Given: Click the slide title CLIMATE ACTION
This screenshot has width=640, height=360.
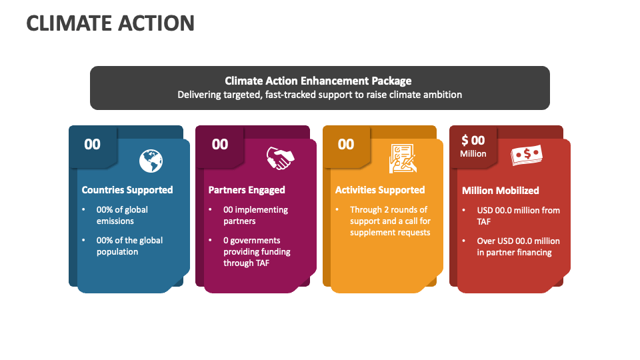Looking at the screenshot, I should tap(111, 23).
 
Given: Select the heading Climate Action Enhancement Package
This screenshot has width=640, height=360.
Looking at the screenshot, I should tap(318, 81).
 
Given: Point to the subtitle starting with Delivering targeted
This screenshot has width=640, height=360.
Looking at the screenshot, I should tap(319, 95).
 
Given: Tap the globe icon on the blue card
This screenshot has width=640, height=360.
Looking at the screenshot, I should tap(151, 161).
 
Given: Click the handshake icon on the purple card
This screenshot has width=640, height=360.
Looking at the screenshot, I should tap(279, 159).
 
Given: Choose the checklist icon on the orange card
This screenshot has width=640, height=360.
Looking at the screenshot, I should tap(403, 159).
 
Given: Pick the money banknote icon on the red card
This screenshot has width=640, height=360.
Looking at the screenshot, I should tap(527, 157).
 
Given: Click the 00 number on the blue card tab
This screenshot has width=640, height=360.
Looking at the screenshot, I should tap(93, 144).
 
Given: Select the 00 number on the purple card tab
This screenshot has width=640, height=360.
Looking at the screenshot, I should tap(220, 144).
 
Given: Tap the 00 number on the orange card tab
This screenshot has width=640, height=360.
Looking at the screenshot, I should tap(346, 144).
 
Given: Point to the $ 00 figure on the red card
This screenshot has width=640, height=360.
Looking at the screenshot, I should tap(473, 140).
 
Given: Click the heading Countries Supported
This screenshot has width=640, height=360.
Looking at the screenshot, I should tap(127, 190).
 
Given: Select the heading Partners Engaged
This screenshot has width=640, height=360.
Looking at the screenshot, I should tap(247, 190).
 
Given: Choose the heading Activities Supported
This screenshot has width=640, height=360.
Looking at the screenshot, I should tap(380, 190).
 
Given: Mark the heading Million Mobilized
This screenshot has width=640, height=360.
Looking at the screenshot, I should tap(501, 191).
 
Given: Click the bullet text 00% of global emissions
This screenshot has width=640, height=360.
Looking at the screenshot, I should tap(122, 215).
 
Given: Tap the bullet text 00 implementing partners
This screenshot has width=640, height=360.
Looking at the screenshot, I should tap(255, 215).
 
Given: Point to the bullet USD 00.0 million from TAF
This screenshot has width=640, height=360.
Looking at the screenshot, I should tap(518, 215).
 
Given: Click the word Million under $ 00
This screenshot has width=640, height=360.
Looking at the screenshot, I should tap(473, 154).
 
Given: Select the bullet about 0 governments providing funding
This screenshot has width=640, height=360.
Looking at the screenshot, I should tap(257, 251).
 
